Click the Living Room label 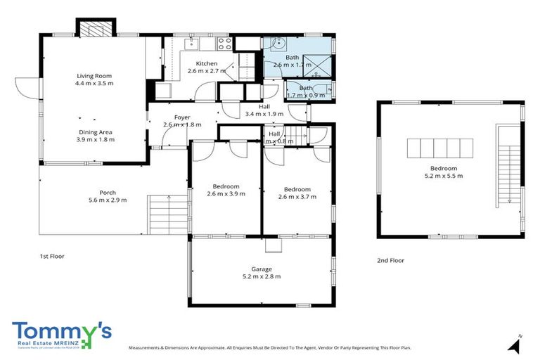(x=94, y=76)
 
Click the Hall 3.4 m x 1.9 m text (x=264, y=114)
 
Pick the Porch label (x=108, y=193)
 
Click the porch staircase (x=169, y=214)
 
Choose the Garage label (x=262, y=269)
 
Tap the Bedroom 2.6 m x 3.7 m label (x=297, y=189)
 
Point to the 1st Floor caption (x=51, y=256)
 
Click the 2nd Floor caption (x=390, y=260)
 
